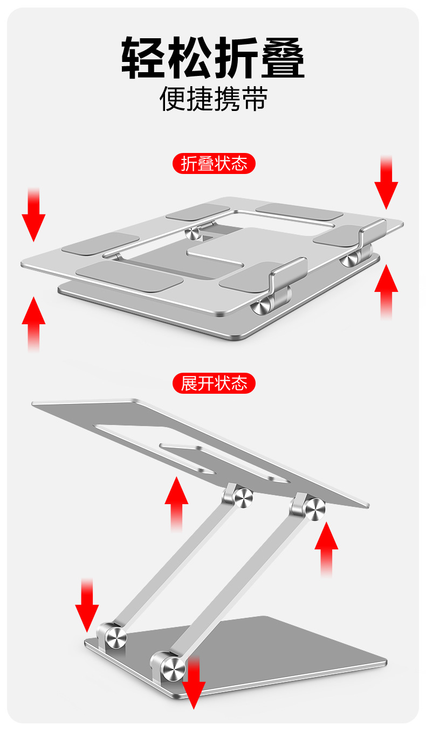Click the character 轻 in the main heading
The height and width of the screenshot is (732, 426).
(143, 57)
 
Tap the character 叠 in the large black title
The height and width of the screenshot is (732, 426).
(283, 57)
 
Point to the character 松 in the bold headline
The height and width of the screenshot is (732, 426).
(189, 57)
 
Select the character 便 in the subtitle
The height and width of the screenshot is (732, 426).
(173, 99)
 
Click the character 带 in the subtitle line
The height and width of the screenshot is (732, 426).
(254, 99)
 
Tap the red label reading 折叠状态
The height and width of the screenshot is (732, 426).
(214, 163)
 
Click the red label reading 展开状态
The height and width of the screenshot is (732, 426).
(214, 384)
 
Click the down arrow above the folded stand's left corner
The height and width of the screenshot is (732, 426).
(33, 215)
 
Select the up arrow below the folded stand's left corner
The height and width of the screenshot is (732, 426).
(33, 324)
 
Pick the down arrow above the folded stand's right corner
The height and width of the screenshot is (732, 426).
(386, 183)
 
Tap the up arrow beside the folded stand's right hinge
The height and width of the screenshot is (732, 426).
(386, 291)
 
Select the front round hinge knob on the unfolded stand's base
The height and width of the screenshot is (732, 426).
(173, 670)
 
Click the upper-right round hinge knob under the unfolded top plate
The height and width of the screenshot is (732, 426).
(315, 509)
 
